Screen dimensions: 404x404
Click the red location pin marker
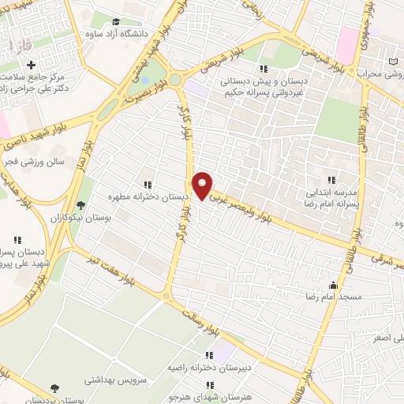click(x=203, y=185)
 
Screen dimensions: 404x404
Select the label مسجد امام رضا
click(x=334, y=297)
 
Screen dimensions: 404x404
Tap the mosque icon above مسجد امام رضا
click(x=334, y=285)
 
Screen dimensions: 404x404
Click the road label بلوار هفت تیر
click(x=107, y=267)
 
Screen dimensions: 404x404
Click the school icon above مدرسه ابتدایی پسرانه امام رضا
click(x=331, y=179)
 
